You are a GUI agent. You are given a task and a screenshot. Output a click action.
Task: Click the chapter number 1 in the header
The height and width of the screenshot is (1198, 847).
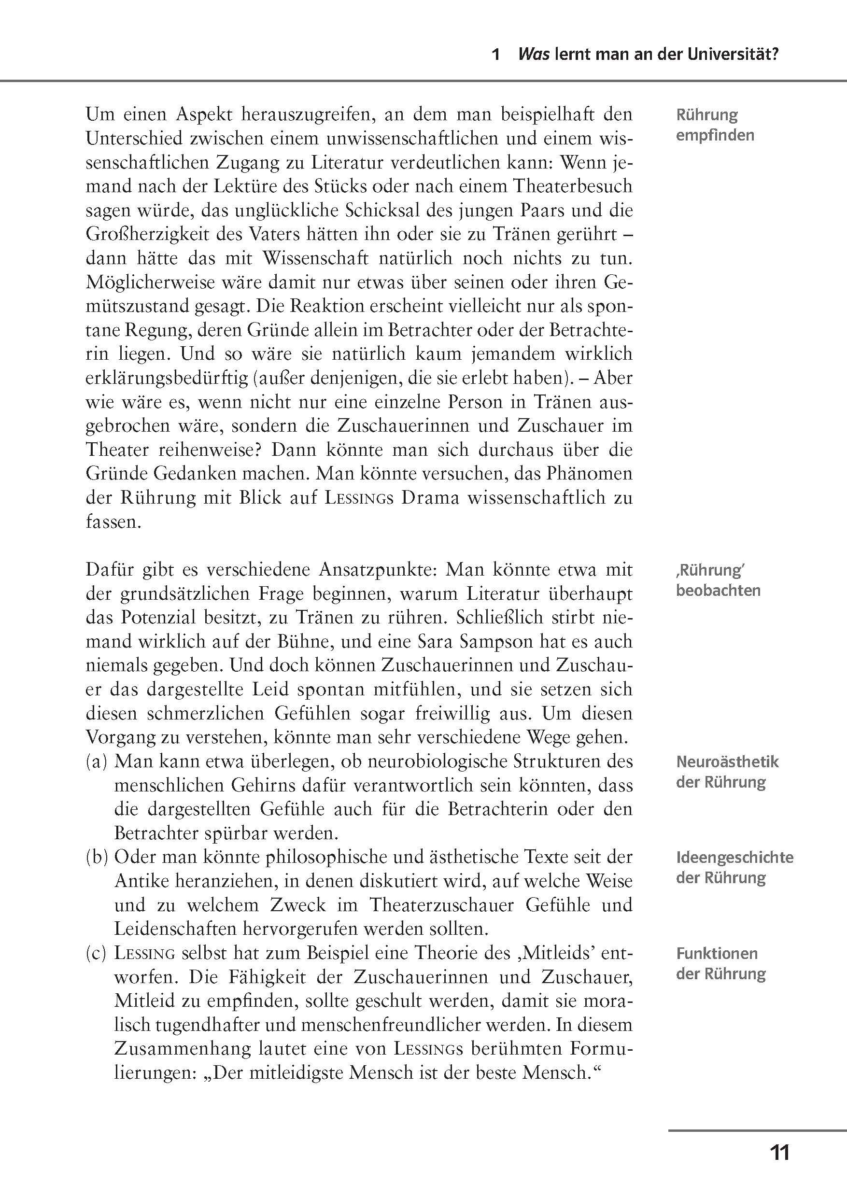point(496,55)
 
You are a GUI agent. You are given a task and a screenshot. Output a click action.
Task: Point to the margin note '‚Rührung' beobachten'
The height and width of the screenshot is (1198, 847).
point(718,580)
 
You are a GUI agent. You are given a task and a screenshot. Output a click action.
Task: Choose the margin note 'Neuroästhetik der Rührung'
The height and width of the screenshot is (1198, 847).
point(726,772)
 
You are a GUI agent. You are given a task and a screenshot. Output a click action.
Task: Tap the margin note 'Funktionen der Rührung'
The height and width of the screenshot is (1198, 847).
point(720,963)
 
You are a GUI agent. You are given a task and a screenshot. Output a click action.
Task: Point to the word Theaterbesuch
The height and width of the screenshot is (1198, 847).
point(573,186)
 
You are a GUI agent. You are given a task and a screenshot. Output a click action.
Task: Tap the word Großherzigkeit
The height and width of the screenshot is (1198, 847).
point(143,234)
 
